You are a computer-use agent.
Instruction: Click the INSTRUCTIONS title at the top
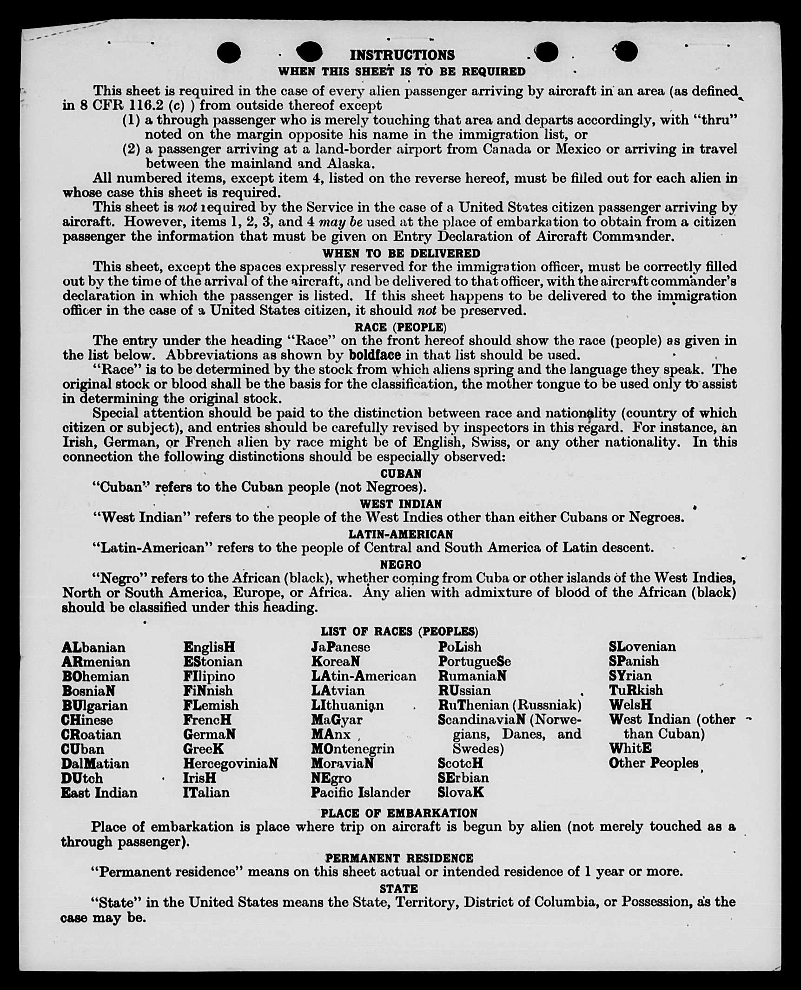point(402,55)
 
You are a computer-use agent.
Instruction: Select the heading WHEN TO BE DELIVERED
point(401,253)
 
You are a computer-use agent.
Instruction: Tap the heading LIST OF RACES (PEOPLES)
point(399,631)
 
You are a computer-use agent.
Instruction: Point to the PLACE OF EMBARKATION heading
point(399,813)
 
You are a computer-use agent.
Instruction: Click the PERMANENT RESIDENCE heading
point(399,858)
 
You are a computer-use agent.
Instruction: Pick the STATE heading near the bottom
point(399,889)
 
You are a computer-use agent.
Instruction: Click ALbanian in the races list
point(93,647)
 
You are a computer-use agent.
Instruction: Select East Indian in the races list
point(99,792)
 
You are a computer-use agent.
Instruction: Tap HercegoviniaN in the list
point(231,763)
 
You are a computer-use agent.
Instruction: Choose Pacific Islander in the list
point(361,792)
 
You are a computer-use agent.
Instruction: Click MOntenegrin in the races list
point(353,749)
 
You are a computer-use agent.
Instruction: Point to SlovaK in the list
point(461,792)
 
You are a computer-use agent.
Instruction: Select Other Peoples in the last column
point(654,763)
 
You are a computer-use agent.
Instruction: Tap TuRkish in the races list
point(636,690)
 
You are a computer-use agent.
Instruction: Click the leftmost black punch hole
point(229,52)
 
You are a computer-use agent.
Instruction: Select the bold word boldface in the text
point(375,355)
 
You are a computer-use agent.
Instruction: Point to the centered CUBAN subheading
point(401,474)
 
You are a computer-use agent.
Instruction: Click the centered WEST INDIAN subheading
point(401,504)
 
